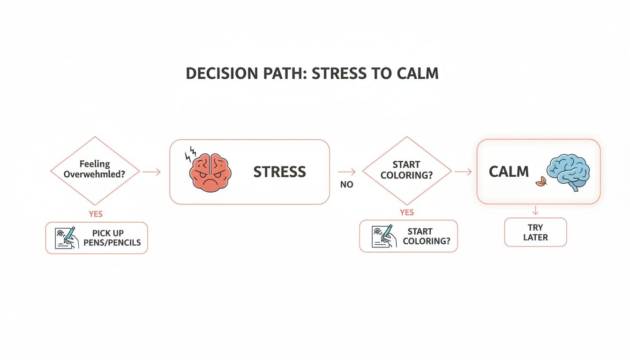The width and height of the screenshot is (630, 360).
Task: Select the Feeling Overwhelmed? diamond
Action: coord(95,171)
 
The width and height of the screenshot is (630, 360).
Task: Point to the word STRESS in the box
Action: coord(279,172)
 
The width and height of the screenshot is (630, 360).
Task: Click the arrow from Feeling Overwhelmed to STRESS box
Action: coord(151,172)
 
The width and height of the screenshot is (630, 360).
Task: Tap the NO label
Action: coord(346,185)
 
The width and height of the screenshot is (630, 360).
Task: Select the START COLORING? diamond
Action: coord(407,171)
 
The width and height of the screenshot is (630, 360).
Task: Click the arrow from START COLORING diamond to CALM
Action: coord(463,172)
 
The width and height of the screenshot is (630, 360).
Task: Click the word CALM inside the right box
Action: coord(509,172)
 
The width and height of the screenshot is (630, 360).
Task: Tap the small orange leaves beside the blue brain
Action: coord(542,180)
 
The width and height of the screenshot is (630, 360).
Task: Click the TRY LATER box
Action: coord(535,232)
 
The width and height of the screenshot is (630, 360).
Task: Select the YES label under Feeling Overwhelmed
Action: coord(95,214)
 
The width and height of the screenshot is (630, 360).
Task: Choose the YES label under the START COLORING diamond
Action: coord(407,212)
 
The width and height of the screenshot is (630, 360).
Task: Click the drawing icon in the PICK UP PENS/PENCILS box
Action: coord(65,238)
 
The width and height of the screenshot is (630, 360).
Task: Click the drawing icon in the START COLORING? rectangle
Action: coord(382,236)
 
